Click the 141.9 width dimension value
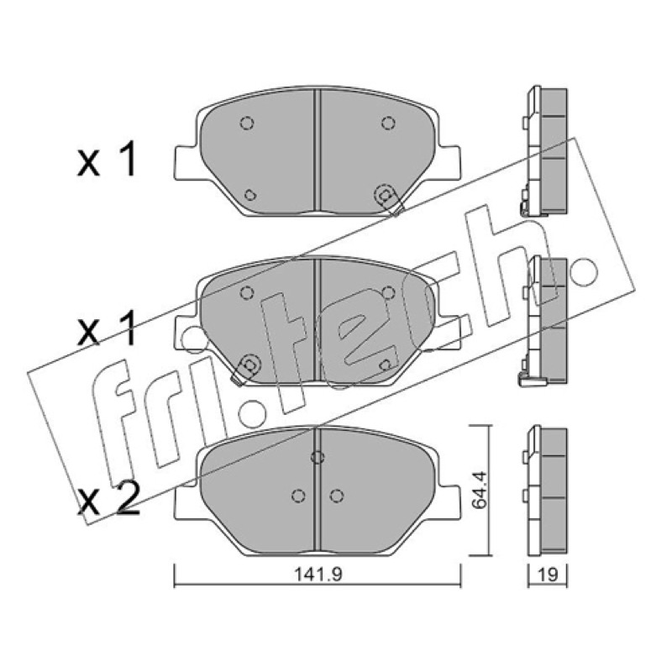tap(318, 575)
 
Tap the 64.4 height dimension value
tap(479, 490)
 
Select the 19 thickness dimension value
tap(548, 575)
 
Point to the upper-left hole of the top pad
tap(246, 123)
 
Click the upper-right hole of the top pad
tap(388, 123)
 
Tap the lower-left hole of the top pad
tap(249, 196)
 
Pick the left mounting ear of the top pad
tap(187, 162)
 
